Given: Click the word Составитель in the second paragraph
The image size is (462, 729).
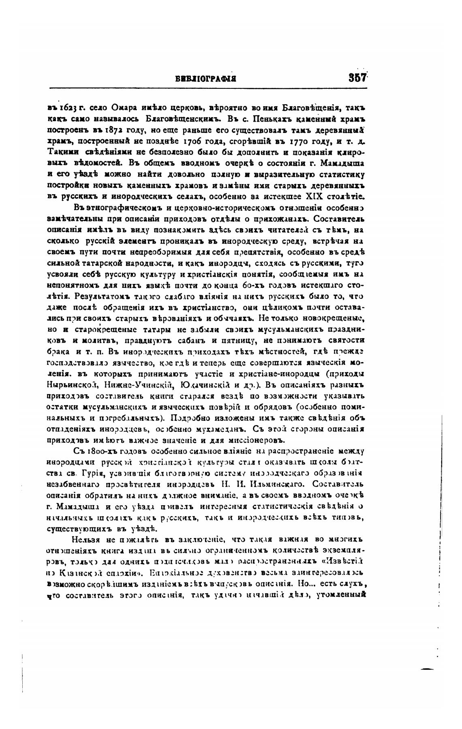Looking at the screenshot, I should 344,219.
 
